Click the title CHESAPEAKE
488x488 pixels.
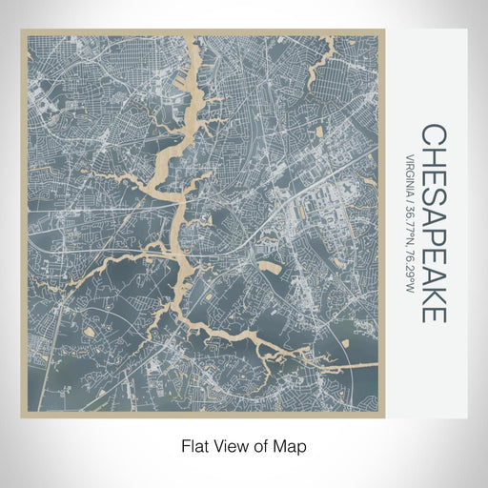click(x=433, y=223)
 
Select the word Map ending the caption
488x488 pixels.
click(x=294, y=445)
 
